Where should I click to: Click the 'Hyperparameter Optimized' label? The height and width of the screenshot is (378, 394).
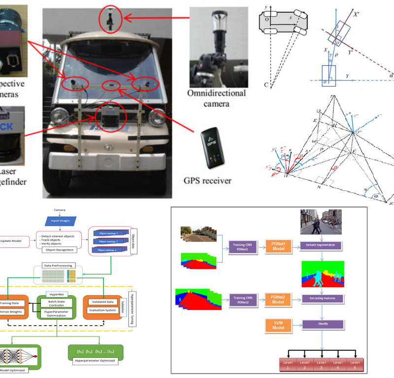(x=95, y=361)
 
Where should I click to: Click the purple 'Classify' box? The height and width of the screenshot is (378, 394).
(x=322, y=324)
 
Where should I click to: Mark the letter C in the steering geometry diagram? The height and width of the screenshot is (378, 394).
(x=266, y=85)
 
